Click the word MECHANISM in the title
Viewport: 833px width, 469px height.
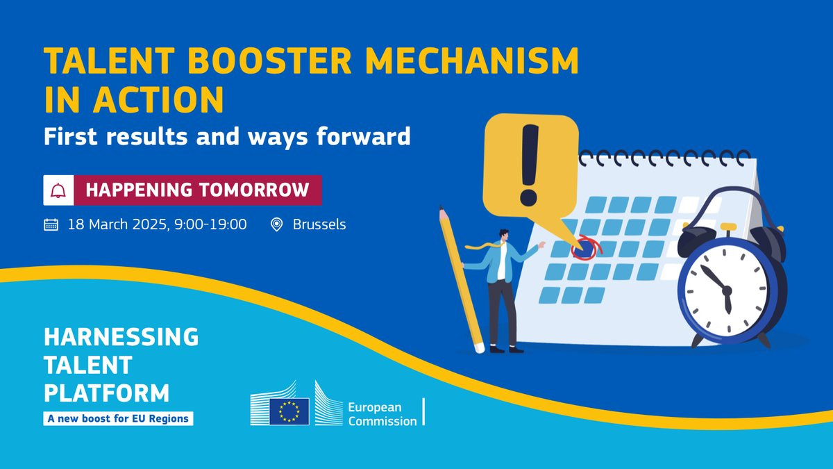tap(471, 60)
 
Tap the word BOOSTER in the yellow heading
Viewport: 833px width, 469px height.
tap(269, 60)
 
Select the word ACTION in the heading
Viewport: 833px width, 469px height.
tap(158, 100)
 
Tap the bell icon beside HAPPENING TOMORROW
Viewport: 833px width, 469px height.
tap(58, 190)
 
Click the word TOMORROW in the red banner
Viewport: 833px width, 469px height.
tap(254, 190)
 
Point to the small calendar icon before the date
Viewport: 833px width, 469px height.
tap(51, 225)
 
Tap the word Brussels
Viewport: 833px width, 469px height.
tap(319, 224)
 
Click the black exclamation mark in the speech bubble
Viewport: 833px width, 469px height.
tap(529, 165)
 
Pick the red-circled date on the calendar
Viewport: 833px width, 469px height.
tap(585, 248)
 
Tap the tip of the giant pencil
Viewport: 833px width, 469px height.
tap(441, 207)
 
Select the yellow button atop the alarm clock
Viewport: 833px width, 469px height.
tap(728, 227)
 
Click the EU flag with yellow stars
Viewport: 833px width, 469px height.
tap(289, 411)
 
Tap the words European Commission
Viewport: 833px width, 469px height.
tap(382, 414)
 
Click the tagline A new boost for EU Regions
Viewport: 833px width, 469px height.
tap(118, 419)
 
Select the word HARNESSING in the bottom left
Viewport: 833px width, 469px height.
tap(121, 336)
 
